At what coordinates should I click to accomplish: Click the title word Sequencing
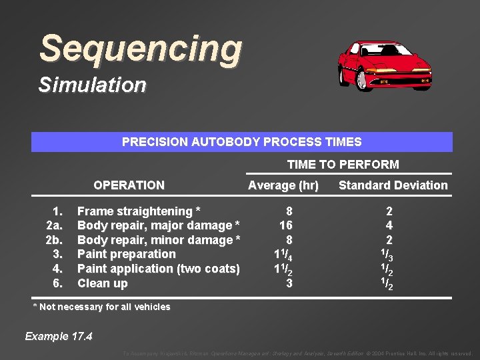(x=141, y=49)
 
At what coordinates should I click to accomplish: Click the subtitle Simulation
(x=92, y=85)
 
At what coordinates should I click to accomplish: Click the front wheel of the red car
(x=363, y=81)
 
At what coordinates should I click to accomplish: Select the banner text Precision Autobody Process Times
(x=241, y=142)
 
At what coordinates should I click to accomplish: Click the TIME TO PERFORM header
(x=343, y=165)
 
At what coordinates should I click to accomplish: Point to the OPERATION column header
(x=129, y=185)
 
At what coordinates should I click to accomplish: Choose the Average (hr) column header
(x=283, y=185)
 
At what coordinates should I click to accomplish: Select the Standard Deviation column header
(x=393, y=185)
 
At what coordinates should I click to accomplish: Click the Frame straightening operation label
(x=139, y=211)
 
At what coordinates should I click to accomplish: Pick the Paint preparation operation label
(x=127, y=254)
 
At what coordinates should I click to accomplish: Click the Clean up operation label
(x=103, y=283)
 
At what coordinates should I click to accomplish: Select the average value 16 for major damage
(x=286, y=225)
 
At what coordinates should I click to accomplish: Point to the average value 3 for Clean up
(x=289, y=283)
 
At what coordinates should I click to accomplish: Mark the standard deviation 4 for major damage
(x=389, y=225)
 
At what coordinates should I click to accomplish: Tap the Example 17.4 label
(x=59, y=336)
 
